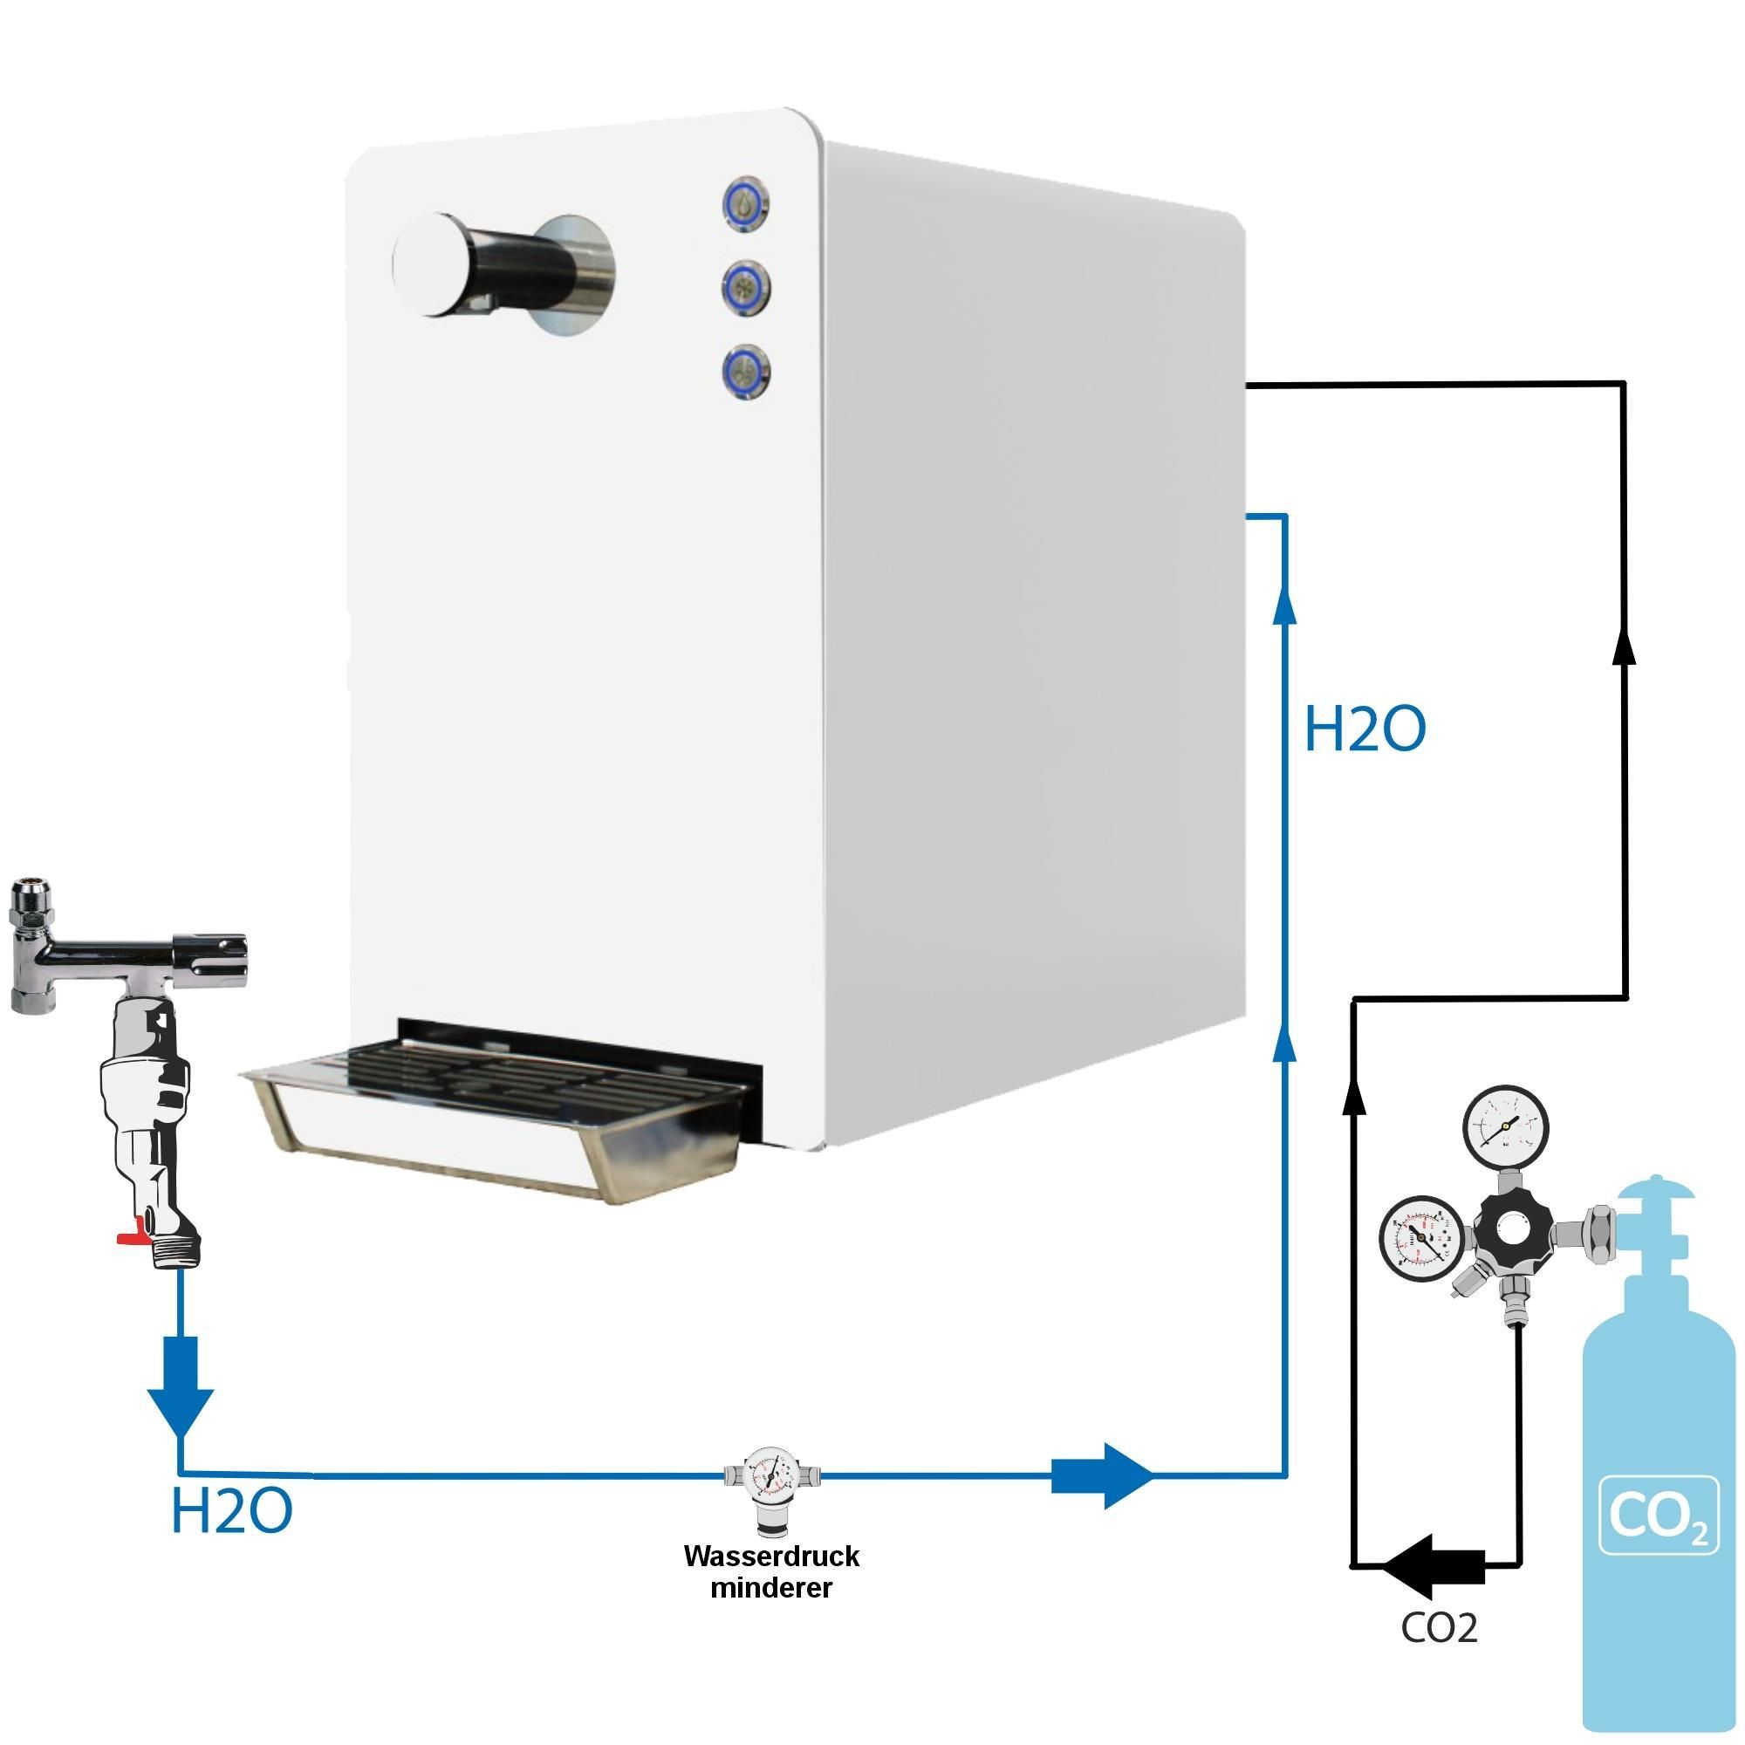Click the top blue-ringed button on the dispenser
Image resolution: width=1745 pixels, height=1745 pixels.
(x=746, y=203)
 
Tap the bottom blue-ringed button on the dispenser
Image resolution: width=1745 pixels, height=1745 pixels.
(x=746, y=371)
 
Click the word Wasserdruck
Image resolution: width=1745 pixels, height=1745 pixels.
(x=771, y=1557)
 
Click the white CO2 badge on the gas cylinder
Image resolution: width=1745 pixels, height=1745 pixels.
(x=1659, y=1515)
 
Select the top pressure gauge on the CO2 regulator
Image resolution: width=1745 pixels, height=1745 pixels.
(x=1506, y=1129)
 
